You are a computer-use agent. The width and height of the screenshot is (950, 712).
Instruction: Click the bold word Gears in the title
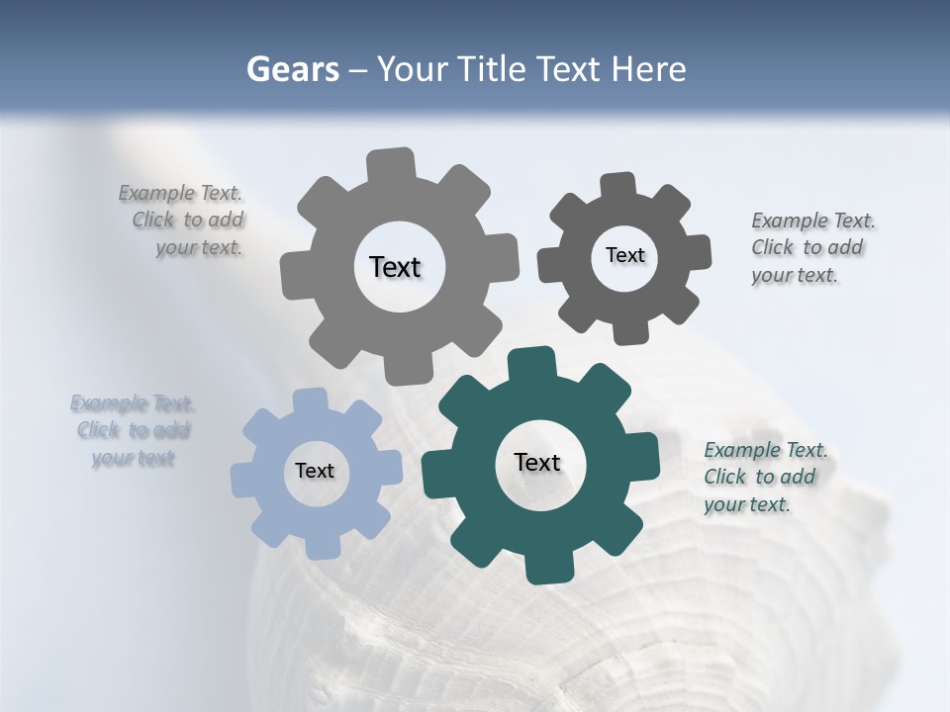tap(292, 69)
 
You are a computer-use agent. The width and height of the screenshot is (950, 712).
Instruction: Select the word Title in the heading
tap(495, 69)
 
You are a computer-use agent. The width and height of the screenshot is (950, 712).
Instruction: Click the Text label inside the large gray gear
tap(395, 267)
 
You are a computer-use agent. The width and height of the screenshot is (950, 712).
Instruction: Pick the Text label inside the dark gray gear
tap(624, 255)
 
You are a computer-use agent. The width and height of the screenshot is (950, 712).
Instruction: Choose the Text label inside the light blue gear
tap(315, 471)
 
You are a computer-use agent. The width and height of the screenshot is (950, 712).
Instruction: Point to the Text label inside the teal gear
tap(537, 462)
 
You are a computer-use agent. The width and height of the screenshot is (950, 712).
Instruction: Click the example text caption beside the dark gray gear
tap(812, 247)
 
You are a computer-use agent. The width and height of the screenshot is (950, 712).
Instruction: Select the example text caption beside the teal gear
tap(765, 477)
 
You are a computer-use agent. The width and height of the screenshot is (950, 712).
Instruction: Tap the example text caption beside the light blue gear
tap(133, 430)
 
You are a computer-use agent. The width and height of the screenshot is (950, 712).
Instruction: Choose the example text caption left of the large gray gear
tap(184, 220)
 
